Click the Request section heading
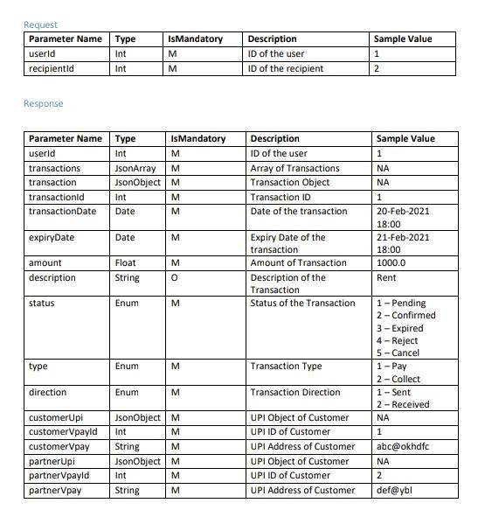(x=40, y=24)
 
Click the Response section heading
(x=43, y=103)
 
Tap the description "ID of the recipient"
(x=286, y=68)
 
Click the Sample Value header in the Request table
(x=402, y=38)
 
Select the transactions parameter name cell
(x=54, y=168)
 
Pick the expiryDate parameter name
(x=52, y=237)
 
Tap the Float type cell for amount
(x=126, y=262)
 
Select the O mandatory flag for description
(x=175, y=278)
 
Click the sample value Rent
(x=385, y=278)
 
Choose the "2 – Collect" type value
(x=398, y=379)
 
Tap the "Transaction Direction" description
(x=294, y=393)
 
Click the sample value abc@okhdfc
(x=404, y=446)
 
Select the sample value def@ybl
(x=394, y=491)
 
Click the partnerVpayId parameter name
(x=59, y=476)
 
